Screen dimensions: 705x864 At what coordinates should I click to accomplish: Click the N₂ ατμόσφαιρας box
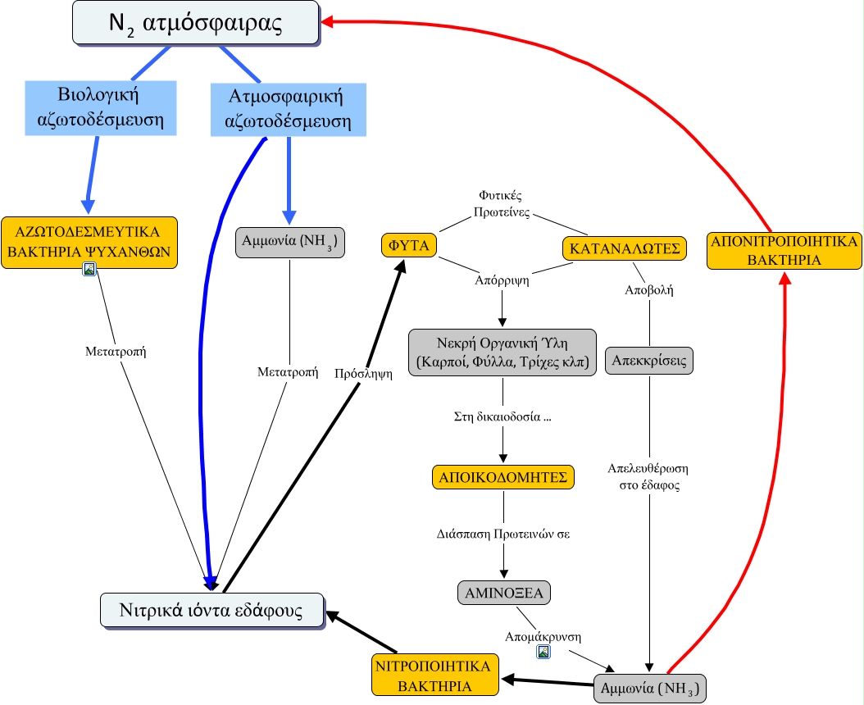195,23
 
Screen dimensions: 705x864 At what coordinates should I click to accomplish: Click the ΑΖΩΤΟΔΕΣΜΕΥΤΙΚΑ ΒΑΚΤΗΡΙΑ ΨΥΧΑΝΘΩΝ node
89,239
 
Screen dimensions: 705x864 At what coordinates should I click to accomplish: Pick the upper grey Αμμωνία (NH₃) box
290,243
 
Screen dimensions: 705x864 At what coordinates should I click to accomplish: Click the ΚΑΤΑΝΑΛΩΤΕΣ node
624,248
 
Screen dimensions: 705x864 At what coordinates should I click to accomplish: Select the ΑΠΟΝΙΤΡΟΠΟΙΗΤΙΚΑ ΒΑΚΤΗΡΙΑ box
784,250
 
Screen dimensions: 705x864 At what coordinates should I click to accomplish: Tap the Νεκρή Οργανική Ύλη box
503,352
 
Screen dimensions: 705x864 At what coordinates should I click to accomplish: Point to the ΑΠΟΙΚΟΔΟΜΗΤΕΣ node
503,477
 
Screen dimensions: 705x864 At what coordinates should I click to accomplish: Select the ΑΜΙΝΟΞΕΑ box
503,592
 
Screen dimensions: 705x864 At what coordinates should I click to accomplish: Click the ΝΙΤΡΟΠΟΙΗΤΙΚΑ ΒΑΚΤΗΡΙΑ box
436,675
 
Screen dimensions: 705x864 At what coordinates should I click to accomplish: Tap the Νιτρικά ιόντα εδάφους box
211,611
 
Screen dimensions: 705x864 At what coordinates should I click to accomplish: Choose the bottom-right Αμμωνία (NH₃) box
649,687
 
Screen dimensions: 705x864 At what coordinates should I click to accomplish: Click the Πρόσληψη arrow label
363,374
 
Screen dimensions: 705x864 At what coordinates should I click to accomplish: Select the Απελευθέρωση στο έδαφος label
648,476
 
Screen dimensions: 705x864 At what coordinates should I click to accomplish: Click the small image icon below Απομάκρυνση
543,652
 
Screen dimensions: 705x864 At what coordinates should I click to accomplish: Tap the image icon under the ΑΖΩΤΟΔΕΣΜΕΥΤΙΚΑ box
90,269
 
